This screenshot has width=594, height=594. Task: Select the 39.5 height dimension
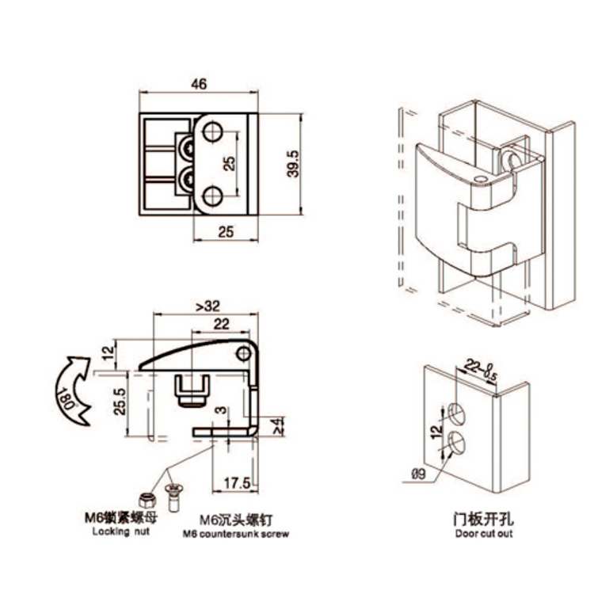pos(291,164)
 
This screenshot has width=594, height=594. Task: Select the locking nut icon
pos(146,499)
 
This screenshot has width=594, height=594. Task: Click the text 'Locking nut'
pos(121,531)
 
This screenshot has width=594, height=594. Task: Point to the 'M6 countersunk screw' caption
pos(236,534)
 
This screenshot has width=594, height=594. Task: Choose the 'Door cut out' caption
pos(485,533)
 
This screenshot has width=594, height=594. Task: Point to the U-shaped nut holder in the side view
pos(191,388)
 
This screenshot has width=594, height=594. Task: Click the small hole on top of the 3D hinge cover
pos(481,181)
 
